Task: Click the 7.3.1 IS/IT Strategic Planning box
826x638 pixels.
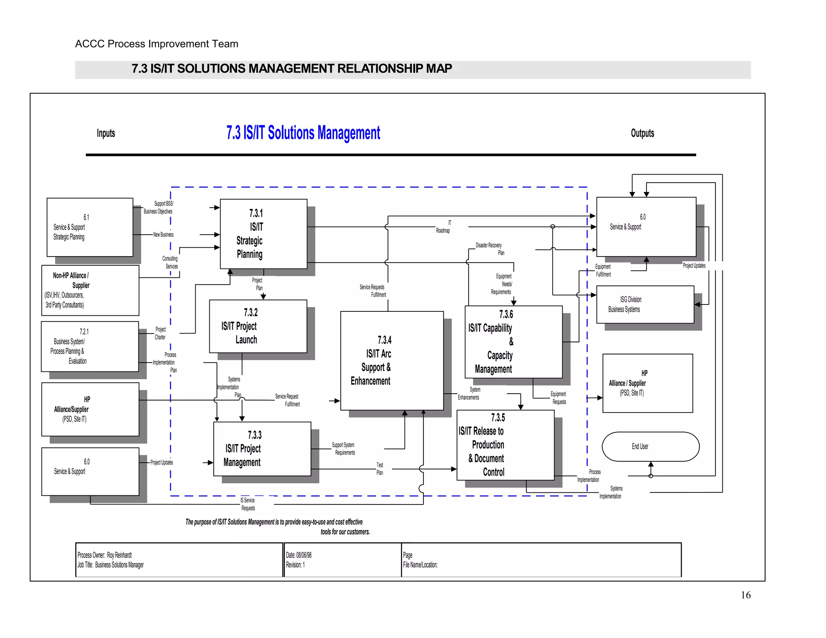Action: pyautogui.click(x=263, y=234)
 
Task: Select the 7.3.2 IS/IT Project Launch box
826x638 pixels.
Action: pyautogui.click(x=258, y=326)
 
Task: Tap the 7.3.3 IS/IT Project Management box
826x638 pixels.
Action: pyautogui.click(x=262, y=449)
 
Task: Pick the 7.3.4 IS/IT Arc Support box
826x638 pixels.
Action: pyautogui.click(x=392, y=361)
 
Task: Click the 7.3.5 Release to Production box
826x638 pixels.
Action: pyautogui.click(x=505, y=445)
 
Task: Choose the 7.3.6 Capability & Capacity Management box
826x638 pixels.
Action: pyautogui.click(x=513, y=342)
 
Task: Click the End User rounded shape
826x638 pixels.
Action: pyautogui.click(x=650, y=446)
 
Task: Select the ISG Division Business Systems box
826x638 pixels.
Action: pyautogui.click(x=645, y=304)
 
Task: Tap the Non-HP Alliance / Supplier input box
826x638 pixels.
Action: pyautogui.click(x=90, y=290)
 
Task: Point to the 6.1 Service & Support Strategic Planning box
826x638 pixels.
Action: pyautogui.click(x=90, y=227)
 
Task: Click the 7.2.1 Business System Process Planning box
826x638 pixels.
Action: pyautogui.click(x=90, y=346)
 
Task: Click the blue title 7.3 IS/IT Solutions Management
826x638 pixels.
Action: pyautogui.click(x=303, y=133)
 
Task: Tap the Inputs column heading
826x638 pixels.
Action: pyautogui.click(x=106, y=133)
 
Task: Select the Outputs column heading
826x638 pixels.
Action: pyautogui.click(x=642, y=133)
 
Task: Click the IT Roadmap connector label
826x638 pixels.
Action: pyautogui.click(x=443, y=227)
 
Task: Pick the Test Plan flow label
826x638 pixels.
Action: pyautogui.click(x=380, y=469)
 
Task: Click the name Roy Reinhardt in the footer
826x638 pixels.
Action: pyautogui.click(x=119, y=555)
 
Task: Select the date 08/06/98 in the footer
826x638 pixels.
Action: pyautogui.click(x=304, y=555)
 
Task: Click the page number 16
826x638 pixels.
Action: pyautogui.click(x=745, y=595)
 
